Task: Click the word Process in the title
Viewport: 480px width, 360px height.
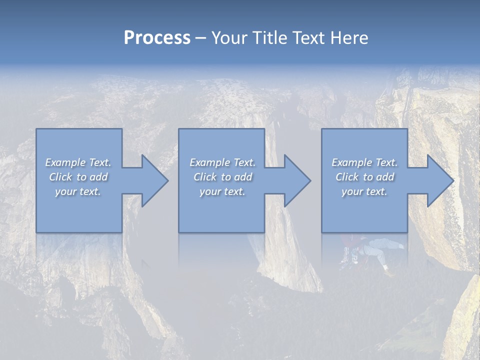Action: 157,38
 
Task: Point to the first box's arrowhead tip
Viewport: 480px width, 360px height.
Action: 168,180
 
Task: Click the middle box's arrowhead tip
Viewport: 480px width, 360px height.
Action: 310,180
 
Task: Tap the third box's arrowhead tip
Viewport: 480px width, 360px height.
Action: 453,180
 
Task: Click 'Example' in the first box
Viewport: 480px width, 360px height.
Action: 65,162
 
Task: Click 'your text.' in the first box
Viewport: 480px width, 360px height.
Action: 78,191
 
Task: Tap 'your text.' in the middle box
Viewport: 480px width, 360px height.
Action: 222,191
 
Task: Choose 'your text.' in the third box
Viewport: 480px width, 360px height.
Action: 364,191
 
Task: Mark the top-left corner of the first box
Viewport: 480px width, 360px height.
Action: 36,129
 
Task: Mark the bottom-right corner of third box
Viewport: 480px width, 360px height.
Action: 407,232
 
